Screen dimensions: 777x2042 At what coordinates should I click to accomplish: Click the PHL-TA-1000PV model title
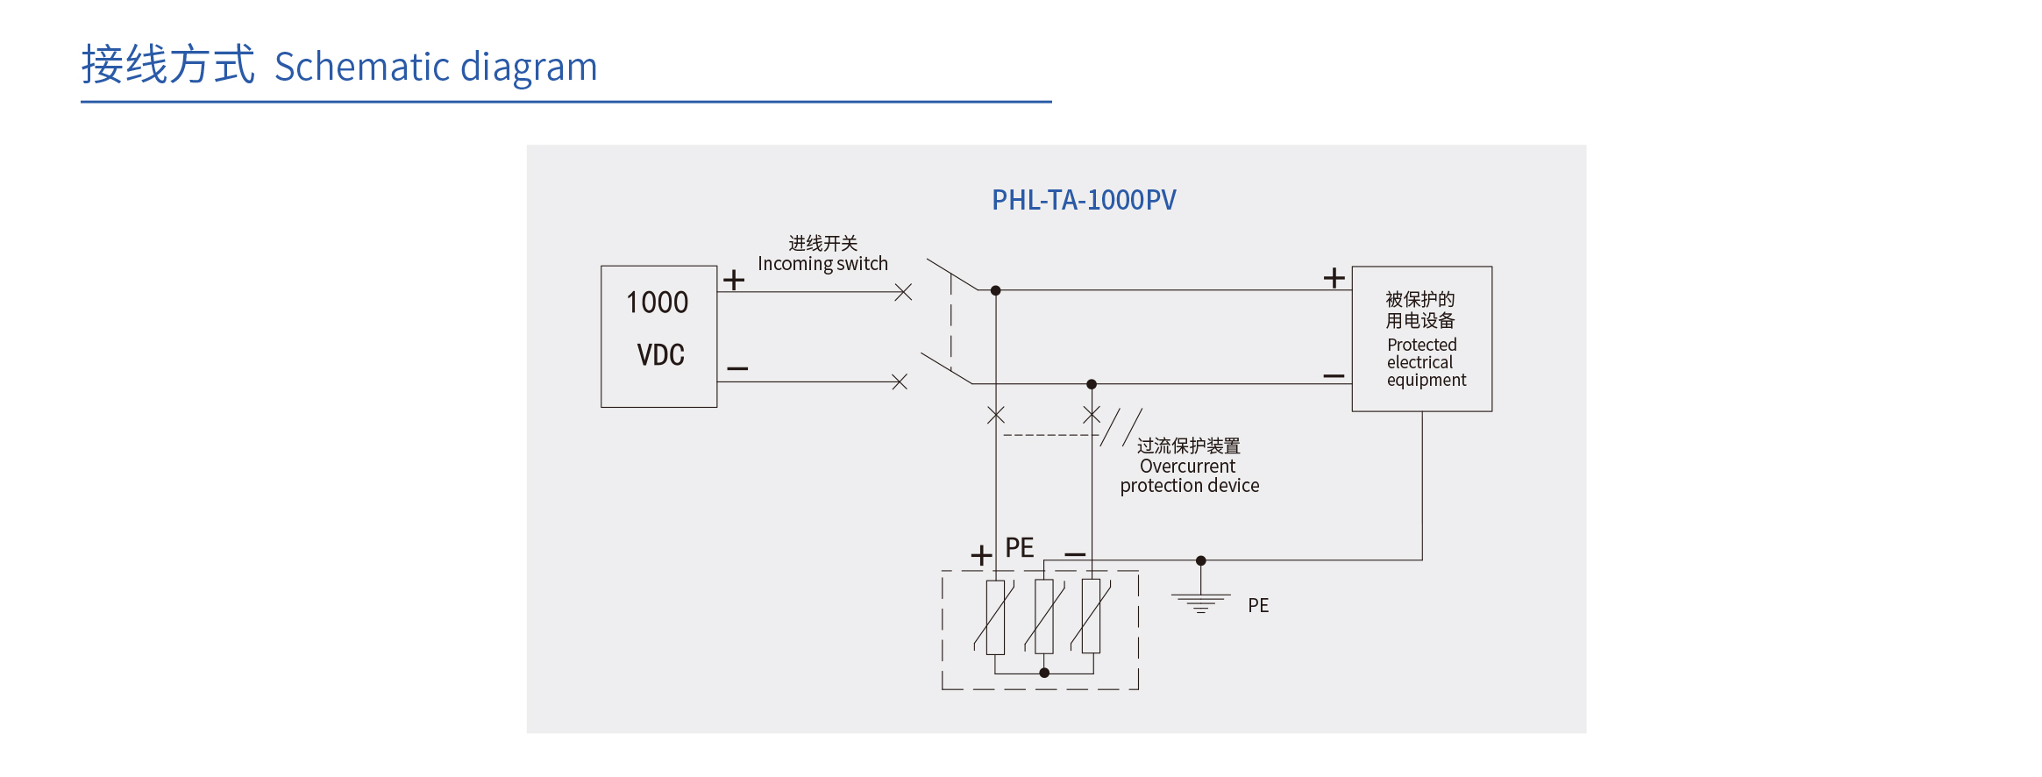(1084, 200)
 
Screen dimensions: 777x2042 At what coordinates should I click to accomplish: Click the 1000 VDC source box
(658, 336)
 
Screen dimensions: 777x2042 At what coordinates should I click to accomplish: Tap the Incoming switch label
(822, 254)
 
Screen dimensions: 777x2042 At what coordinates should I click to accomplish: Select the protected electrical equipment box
(1421, 339)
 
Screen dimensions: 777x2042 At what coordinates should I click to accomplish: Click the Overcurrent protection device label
(1189, 467)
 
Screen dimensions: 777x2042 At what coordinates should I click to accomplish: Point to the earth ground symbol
(1200, 602)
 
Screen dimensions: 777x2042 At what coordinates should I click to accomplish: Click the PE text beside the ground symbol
(1258, 605)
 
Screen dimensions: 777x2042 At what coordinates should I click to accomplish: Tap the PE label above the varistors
(1019, 548)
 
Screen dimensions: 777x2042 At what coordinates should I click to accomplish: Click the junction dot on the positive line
(996, 290)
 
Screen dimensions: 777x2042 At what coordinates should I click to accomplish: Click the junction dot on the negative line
(1092, 384)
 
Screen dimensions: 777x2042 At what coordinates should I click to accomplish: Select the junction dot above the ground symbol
(1201, 560)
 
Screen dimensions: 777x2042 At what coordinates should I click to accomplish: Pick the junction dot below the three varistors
(1044, 673)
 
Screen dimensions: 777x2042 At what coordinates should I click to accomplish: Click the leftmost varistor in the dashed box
(995, 617)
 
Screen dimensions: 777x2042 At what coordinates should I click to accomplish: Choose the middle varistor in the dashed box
(1044, 617)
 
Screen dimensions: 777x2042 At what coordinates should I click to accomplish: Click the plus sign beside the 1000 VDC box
(734, 280)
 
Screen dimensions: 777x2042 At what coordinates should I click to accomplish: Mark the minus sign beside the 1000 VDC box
(737, 368)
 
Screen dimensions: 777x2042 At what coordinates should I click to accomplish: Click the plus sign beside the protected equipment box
(1334, 278)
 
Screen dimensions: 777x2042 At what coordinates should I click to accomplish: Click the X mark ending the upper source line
(903, 292)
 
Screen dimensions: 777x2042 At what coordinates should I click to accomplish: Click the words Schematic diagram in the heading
(436, 67)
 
